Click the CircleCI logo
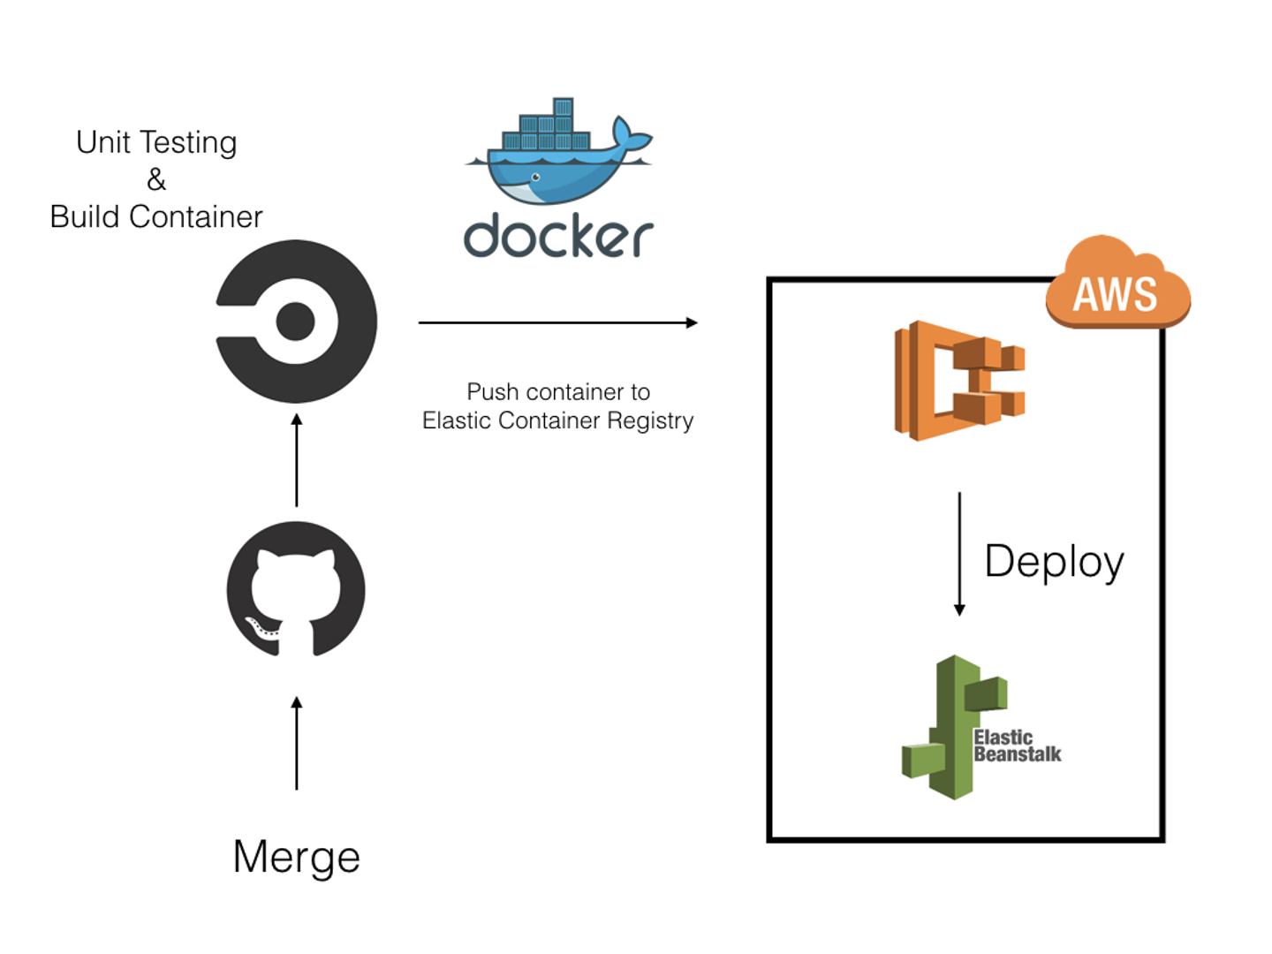296,322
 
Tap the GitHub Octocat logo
296,589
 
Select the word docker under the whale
558,236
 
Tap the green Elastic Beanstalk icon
954,727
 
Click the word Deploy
1054,562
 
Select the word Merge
296,857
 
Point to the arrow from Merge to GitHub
297,743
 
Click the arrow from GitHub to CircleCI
297,460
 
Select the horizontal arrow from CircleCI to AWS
557,323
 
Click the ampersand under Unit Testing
156,179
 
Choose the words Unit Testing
156,142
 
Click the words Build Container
156,216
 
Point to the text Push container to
558,391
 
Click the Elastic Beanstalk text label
1017,746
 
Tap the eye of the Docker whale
535,178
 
